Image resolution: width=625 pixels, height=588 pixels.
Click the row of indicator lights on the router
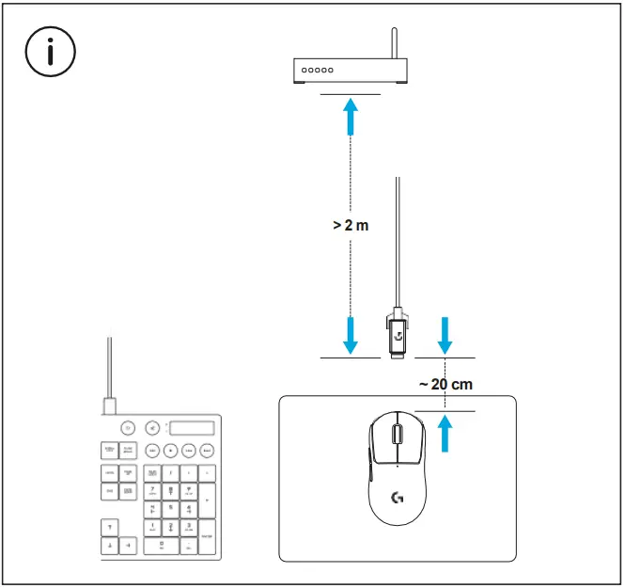(x=318, y=71)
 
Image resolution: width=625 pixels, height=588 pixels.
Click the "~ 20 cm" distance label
(x=445, y=384)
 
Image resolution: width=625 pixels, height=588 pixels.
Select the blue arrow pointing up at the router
(x=351, y=118)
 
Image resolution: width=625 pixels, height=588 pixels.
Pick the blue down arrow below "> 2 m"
(x=351, y=335)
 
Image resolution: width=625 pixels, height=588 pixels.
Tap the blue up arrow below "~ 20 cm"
(x=445, y=435)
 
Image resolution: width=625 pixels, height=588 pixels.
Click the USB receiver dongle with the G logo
(x=398, y=333)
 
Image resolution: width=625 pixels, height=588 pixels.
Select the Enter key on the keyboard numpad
(x=207, y=536)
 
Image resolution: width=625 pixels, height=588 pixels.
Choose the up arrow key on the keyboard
(x=109, y=527)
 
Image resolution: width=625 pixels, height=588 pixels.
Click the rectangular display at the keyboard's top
(x=191, y=427)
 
